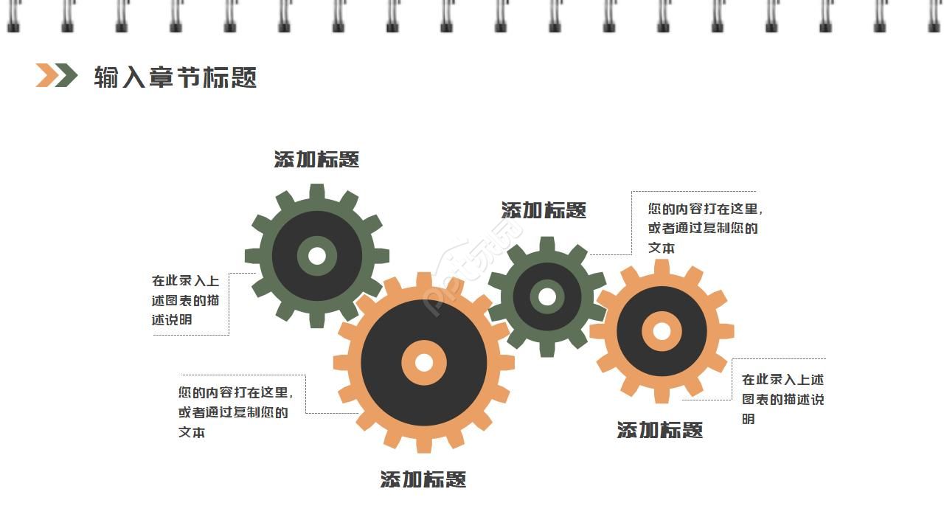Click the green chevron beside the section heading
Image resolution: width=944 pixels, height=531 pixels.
pyautogui.click(x=66, y=75)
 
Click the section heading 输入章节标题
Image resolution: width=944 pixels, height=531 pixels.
pyautogui.click(x=176, y=77)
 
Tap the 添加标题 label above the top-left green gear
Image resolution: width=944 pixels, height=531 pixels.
pyautogui.click(x=316, y=159)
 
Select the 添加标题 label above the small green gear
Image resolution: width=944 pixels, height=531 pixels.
pyautogui.click(x=544, y=210)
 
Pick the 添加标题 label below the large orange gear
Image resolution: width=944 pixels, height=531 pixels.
pyautogui.click(x=423, y=479)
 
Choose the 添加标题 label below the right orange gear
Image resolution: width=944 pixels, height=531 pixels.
pyautogui.click(x=660, y=430)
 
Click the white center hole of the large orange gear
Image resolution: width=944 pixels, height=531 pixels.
pyautogui.click(x=424, y=363)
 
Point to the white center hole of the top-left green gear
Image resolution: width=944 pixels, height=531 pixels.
pyautogui.click(x=317, y=256)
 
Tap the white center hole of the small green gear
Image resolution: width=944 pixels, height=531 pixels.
pyautogui.click(x=547, y=296)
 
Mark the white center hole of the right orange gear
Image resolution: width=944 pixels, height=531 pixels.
pyautogui.click(x=662, y=331)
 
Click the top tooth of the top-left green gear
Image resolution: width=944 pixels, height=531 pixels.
pyautogui.click(x=317, y=192)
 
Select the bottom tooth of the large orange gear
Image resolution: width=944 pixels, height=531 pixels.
pyautogui.click(x=424, y=445)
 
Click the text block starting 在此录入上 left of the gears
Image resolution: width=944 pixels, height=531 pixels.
pyautogui.click(x=185, y=300)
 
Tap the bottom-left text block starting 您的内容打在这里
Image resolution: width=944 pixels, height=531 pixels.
pyautogui.click(x=235, y=412)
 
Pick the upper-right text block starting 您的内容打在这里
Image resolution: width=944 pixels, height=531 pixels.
pyautogui.click(x=705, y=228)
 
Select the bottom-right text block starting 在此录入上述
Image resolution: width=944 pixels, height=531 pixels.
pyautogui.click(x=783, y=399)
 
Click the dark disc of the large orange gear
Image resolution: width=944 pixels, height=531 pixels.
pyautogui.click(x=424, y=363)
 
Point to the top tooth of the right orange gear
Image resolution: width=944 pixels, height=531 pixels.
pyautogui.click(x=662, y=267)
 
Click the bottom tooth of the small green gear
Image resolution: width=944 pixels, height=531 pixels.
pyautogui.click(x=547, y=350)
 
